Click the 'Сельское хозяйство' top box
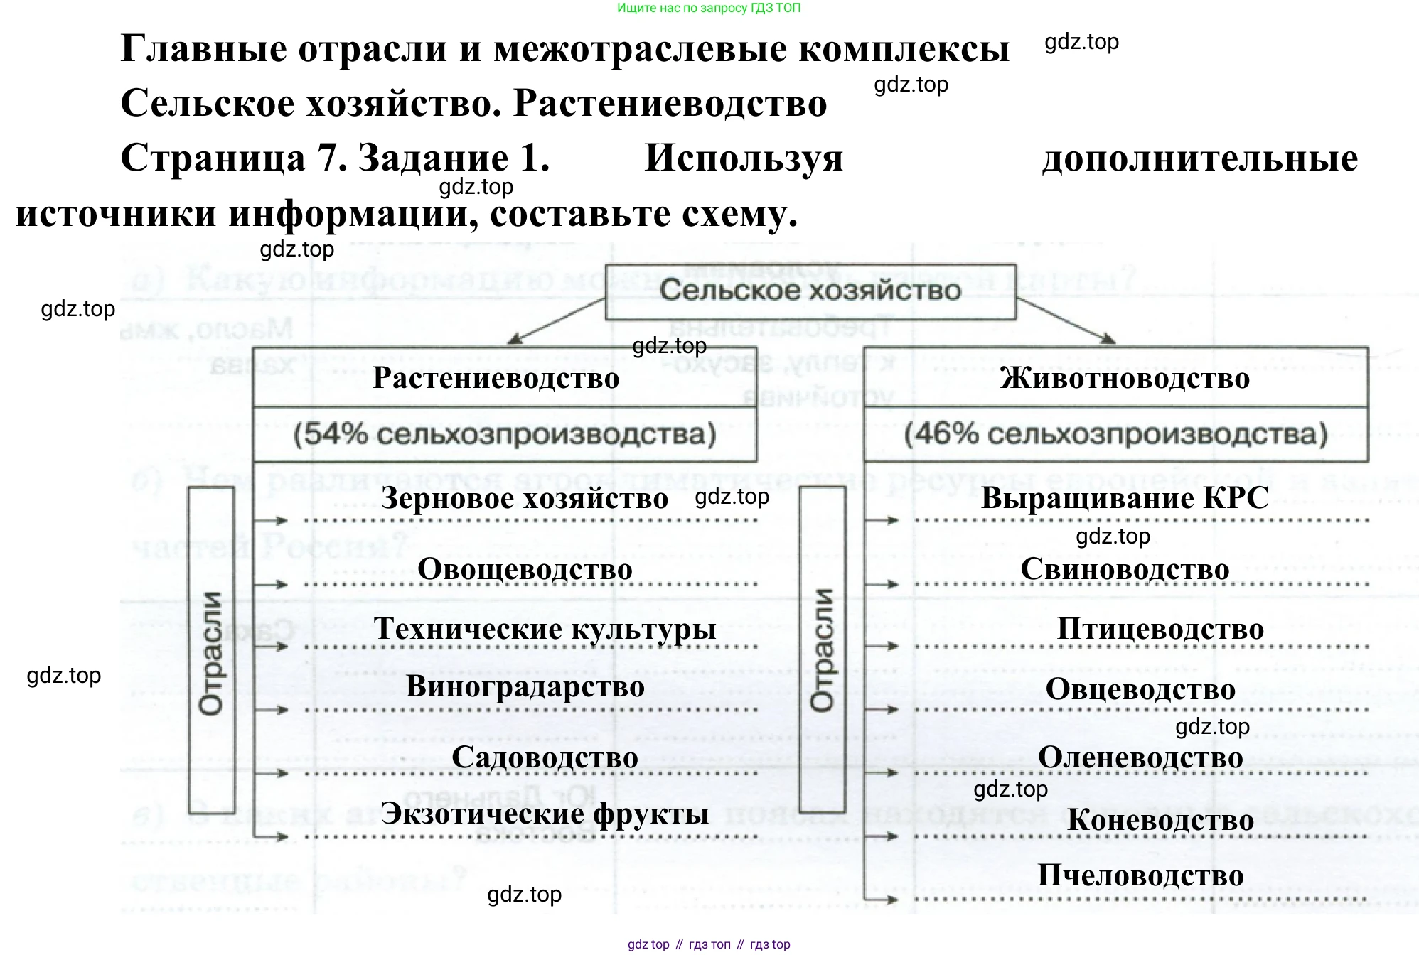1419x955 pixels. click(x=810, y=291)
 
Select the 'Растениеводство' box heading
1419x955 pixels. click(x=496, y=378)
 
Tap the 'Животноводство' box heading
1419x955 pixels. click(x=1125, y=378)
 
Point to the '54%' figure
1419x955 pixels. click(x=330, y=434)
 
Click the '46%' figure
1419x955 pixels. click(x=941, y=434)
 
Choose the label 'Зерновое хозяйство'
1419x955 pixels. click(x=525, y=498)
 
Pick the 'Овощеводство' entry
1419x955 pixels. click(x=525, y=569)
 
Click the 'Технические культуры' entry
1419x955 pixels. click(x=545, y=629)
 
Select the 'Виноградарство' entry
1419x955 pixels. click(x=525, y=686)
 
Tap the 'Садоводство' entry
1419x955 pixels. click(x=545, y=757)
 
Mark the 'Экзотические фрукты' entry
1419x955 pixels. click(x=545, y=814)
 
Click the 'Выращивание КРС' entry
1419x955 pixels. click(x=1125, y=498)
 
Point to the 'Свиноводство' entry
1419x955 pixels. click(x=1125, y=569)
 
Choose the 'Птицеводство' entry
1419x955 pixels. click(x=1160, y=629)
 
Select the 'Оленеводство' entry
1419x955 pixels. click(x=1140, y=757)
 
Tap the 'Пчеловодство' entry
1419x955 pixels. click(x=1140, y=875)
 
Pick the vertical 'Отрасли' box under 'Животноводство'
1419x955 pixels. click(x=823, y=649)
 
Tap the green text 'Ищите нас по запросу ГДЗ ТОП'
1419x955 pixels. click(x=709, y=9)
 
